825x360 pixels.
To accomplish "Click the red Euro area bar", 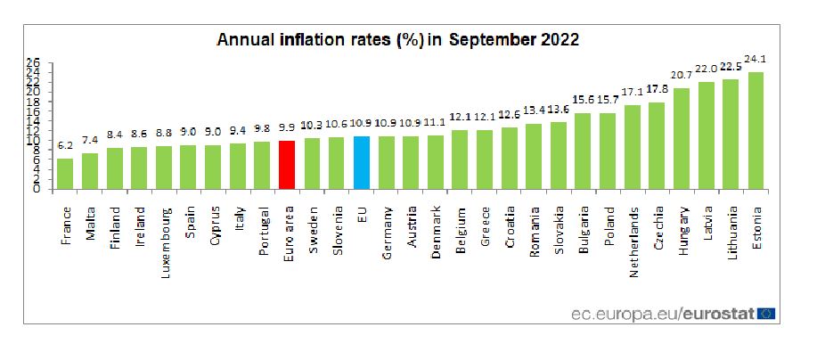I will tap(287, 165).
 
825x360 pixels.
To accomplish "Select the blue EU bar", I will tap(361, 162).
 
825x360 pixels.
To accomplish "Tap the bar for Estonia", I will tap(756, 130).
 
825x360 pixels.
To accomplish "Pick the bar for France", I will tap(65, 174).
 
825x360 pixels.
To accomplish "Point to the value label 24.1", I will tap(756, 60).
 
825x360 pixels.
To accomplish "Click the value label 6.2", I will tap(65, 146).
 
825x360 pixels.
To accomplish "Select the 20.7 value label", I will tap(682, 77).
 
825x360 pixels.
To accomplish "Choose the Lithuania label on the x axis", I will tap(731, 232).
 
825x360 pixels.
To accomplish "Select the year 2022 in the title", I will tap(558, 41).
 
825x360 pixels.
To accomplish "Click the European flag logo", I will tap(765, 314).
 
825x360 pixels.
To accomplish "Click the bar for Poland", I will tap(608, 151).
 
